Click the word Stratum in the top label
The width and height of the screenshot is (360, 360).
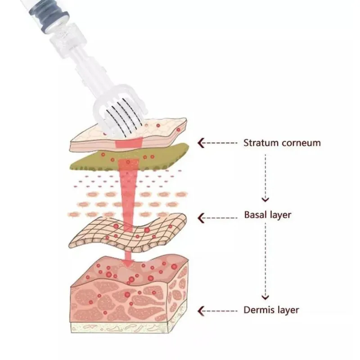coord(261,143)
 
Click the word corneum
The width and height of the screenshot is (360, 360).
coord(301,143)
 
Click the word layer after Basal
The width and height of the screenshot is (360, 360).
coord(280,216)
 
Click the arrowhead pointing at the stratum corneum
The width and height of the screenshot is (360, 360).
coord(201,143)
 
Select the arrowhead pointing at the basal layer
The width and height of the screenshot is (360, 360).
coord(201,218)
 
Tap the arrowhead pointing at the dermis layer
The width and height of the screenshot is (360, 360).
coord(201,311)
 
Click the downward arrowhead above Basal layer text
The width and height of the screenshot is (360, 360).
coord(265,199)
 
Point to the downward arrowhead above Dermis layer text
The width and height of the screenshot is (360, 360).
coord(265,297)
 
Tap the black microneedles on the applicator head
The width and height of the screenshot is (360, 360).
coord(124,115)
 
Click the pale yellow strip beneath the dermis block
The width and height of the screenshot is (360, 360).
coord(119,328)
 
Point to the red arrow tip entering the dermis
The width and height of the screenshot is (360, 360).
coord(128,264)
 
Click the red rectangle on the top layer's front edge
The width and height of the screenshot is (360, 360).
coord(129,143)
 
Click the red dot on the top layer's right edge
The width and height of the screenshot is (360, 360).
coord(178,130)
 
